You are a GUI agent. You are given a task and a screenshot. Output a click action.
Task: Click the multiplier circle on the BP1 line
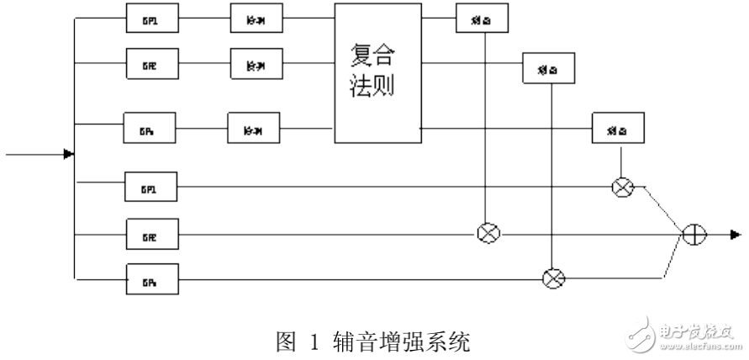coord(621,188)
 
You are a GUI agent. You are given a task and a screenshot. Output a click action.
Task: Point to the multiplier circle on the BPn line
coord(552,274)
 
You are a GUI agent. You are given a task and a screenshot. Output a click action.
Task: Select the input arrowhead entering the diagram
coord(69,154)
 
